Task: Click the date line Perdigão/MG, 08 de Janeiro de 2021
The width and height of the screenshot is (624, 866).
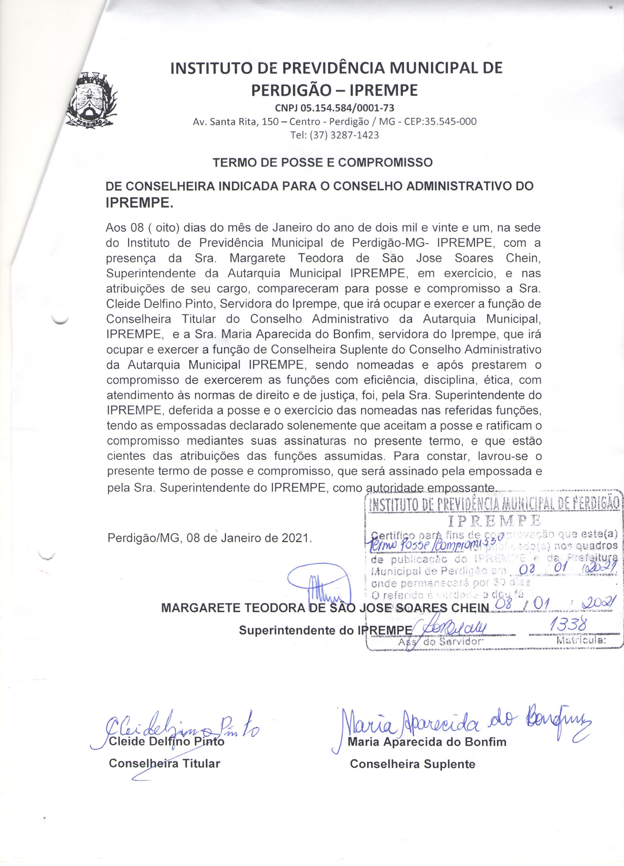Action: coord(210,538)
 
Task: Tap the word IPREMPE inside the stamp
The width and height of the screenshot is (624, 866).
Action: coord(494,521)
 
